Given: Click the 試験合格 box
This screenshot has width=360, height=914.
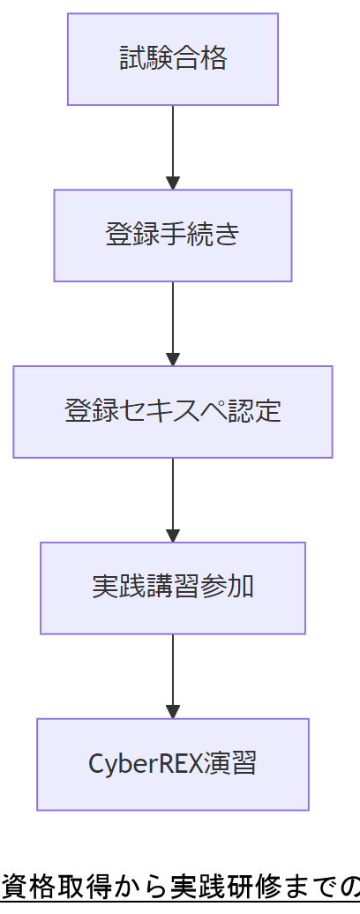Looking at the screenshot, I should pyautogui.click(x=173, y=59).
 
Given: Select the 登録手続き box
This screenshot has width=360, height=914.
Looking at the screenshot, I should pyautogui.click(x=173, y=236).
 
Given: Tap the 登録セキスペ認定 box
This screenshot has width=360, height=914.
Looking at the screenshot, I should pyautogui.click(x=173, y=411).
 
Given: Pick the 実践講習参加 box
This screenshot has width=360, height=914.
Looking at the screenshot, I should pyautogui.click(x=173, y=588).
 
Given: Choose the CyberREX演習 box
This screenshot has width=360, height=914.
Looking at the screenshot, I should pyautogui.click(x=173, y=764).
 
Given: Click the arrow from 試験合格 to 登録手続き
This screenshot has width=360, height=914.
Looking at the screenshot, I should pyautogui.click(x=173, y=146).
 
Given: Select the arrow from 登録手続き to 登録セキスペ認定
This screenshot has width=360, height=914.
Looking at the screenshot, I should pyautogui.click(x=173, y=322).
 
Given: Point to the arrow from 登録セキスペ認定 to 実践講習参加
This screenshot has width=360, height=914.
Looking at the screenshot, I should pyautogui.click(x=173, y=498).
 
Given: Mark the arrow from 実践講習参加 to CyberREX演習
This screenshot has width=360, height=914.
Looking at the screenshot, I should pyautogui.click(x=173, y=675).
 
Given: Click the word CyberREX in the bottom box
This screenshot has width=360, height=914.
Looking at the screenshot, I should pyautogui.click(x=145, y=764).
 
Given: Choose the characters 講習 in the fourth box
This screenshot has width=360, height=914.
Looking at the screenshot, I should pyautogui.click(x=173, y=588).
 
